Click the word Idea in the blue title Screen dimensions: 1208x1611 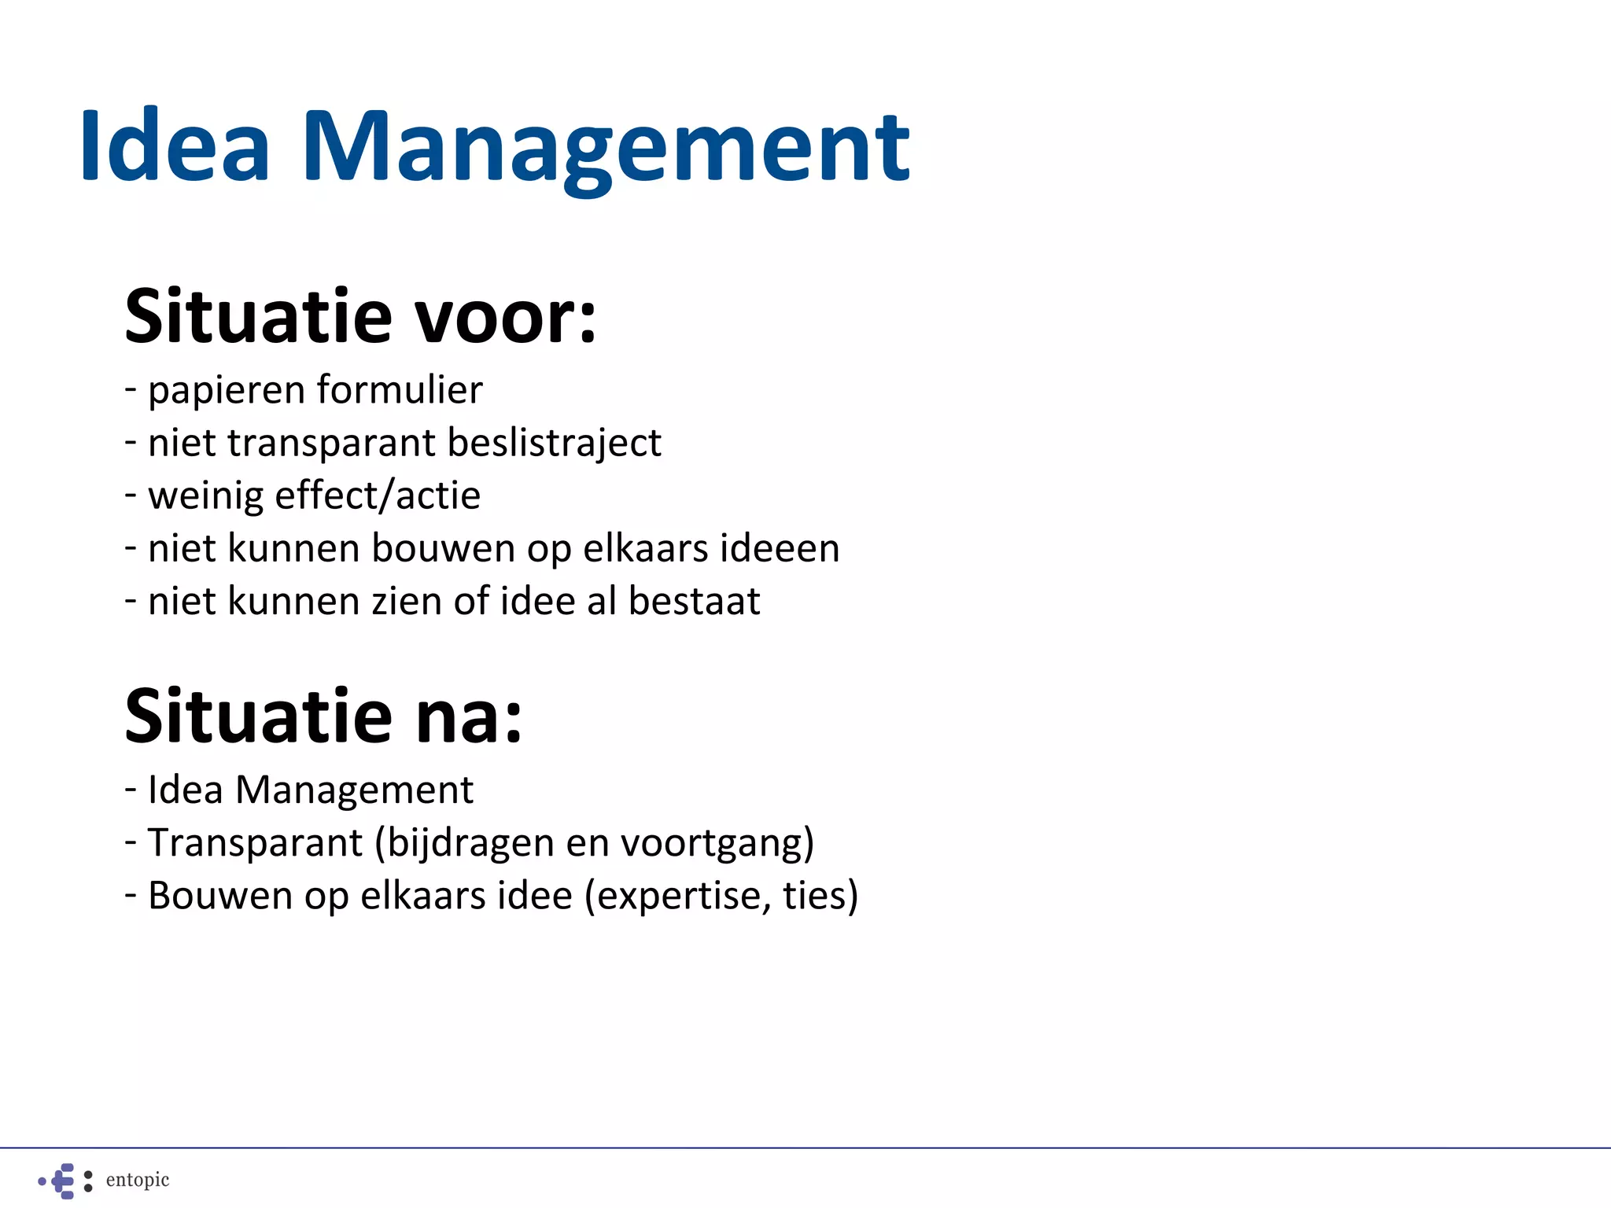[x=175, y=146]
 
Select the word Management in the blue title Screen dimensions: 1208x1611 [x=605, y=149]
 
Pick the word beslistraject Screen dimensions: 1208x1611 [x=555, y=444]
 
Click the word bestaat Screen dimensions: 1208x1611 [x=695, y=601]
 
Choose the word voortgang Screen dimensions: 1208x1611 [x=717, y=844]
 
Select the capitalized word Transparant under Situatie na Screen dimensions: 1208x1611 [x=255, y=842]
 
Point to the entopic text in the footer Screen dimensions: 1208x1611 [x=138, y=1180]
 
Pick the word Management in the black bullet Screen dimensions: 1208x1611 [x=354, y=790]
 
